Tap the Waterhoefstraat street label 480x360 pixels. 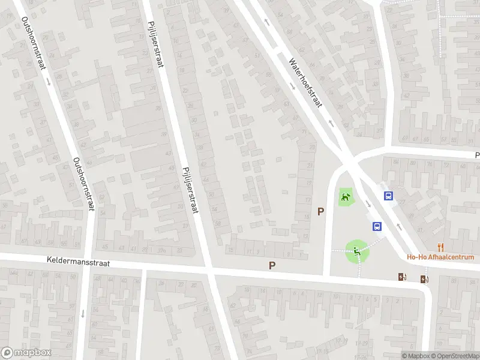(305, 82)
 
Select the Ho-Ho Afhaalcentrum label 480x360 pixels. (440, 257)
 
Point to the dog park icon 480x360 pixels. (345, 196)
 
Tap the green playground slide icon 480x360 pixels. (357, 251)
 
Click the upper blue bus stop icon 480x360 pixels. (389, 196)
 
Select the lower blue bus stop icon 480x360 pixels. (377, 226)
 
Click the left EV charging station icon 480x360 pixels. (402, 277)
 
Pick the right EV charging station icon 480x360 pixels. (425, 278)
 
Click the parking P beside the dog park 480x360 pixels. (321, 211)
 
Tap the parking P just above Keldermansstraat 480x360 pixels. (272, 265)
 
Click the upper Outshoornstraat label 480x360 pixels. (34, 43)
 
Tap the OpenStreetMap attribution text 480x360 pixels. (452, 356)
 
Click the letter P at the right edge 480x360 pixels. (476, 154)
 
